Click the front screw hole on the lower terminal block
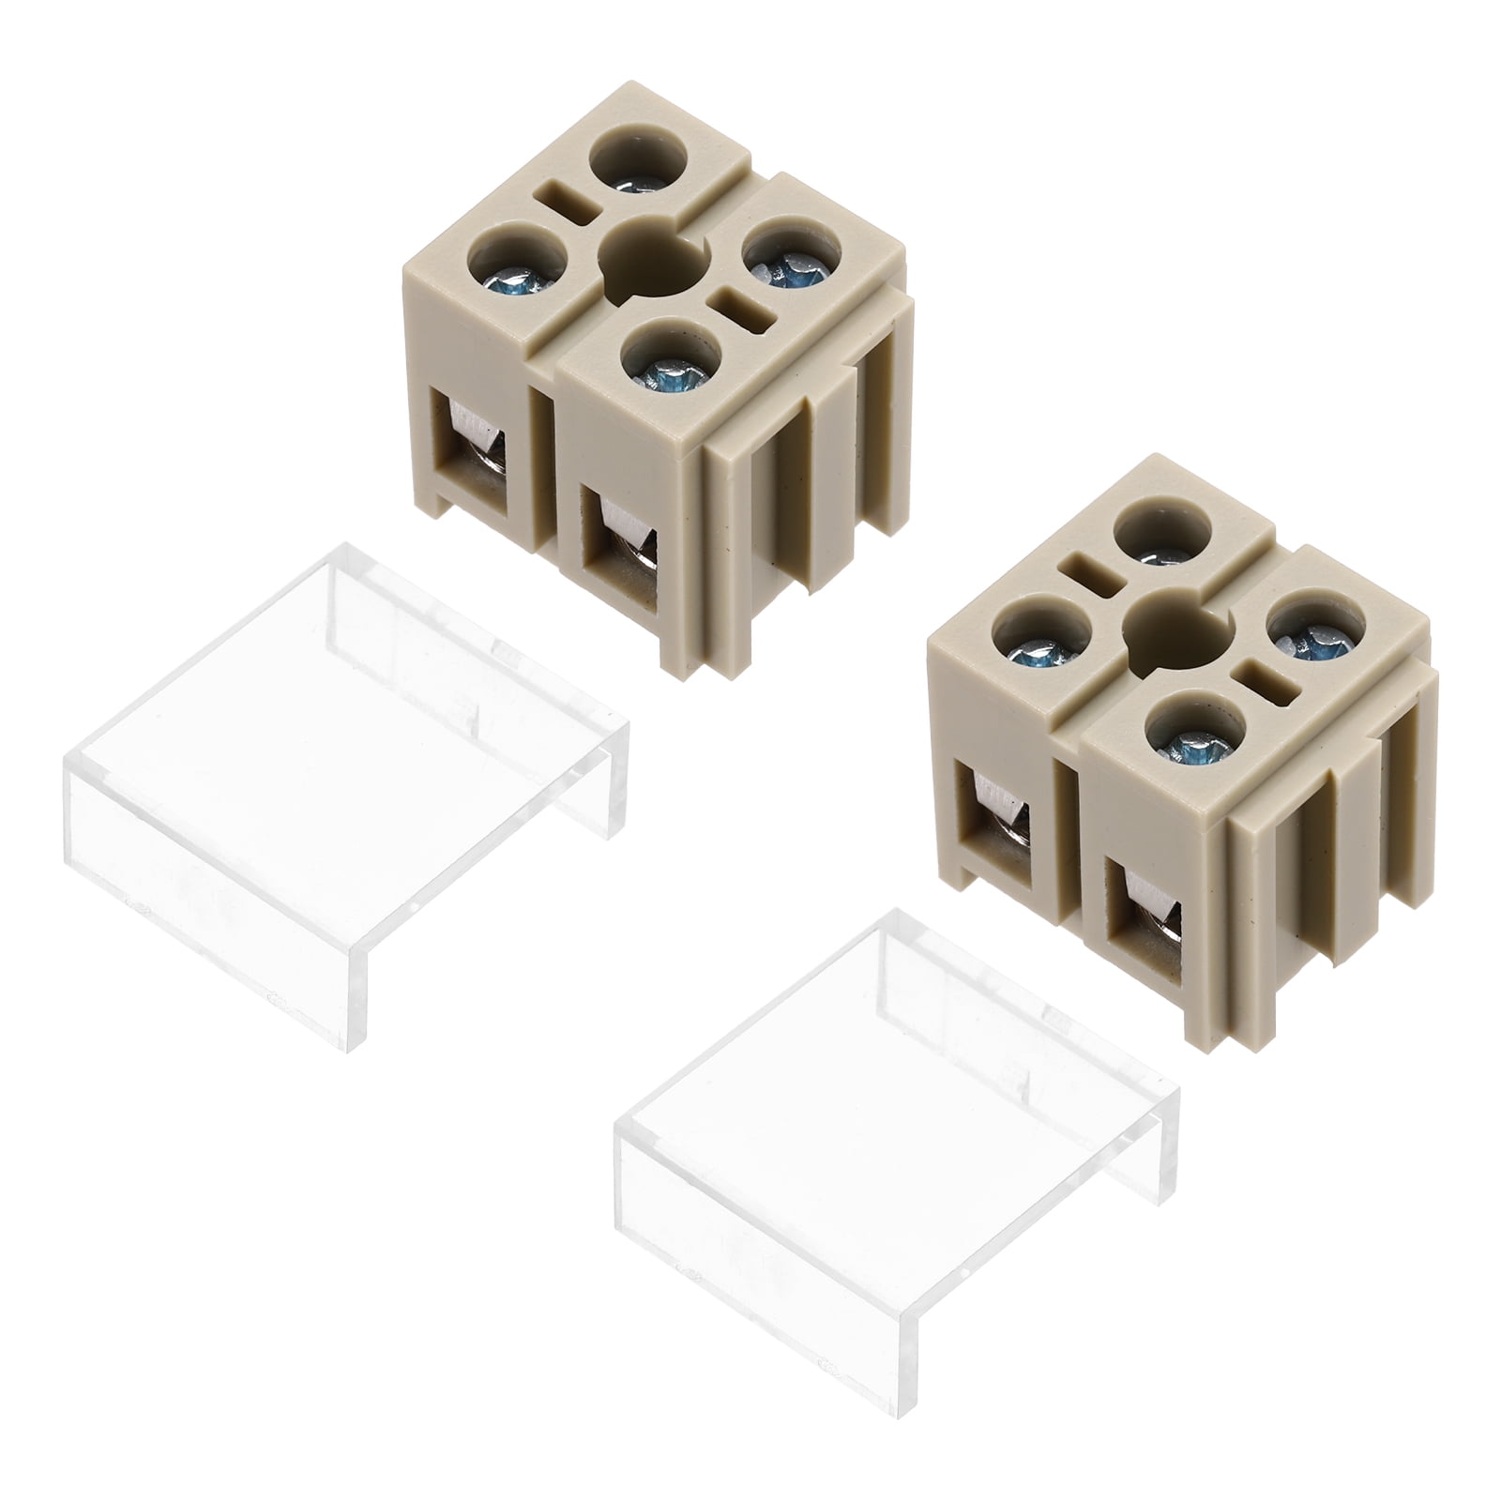(1193, 735)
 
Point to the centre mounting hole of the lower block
(1174, 627)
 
